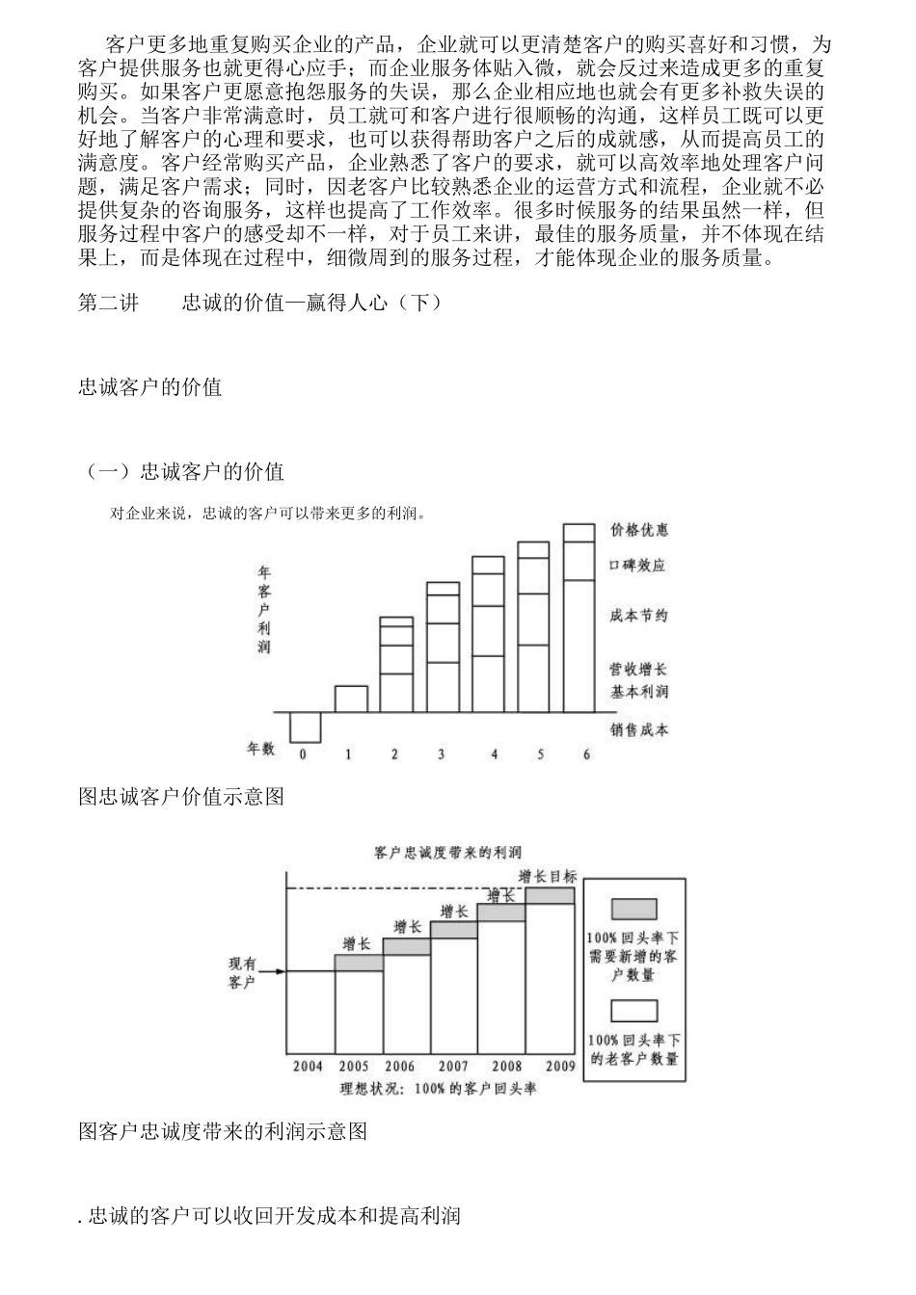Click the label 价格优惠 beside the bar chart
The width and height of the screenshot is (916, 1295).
(x=638, y=530)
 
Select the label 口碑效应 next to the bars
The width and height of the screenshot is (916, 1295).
(x=638, y=566)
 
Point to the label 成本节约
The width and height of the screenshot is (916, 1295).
(x=638, y=616)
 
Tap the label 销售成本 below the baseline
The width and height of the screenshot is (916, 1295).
(x=638, y=729)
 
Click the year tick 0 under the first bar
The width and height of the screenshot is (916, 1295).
(x=303, y=754)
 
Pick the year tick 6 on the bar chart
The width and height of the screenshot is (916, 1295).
(x=586, y=754)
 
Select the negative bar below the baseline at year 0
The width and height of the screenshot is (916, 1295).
(x=305, y=727)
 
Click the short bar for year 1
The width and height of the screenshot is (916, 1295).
(x=351, y=699)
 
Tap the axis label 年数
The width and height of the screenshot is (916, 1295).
(x=260, y=749)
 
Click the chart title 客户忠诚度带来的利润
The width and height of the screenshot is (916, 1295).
(x=447, y=853)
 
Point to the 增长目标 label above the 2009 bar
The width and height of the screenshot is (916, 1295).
(x=548, y=876)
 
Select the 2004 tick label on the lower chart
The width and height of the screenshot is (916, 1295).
(x=309, y=1067)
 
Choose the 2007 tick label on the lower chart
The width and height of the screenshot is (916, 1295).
(x=453, y=1067)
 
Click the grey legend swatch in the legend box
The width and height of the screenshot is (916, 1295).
(x=633, y=909)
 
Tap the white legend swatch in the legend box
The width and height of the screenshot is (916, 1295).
(x=633, y=1011)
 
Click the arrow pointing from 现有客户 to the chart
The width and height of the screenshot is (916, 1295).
(x=272, y=971)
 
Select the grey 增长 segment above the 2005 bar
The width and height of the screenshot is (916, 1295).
(x=359, y=963)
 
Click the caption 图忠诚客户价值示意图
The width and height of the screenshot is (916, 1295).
(x=180, y=797)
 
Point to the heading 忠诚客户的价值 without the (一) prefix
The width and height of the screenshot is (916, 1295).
(x=149, y=387)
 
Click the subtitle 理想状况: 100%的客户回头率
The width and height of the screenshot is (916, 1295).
(x=438, y=1089)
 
